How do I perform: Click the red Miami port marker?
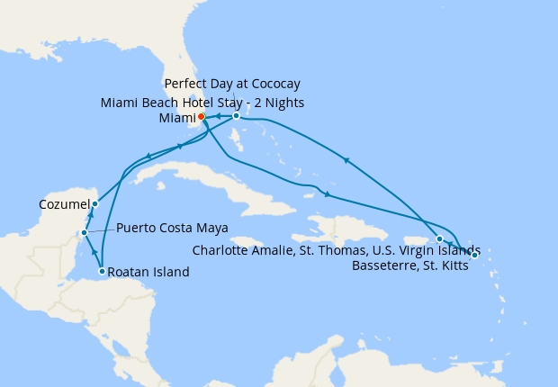202,116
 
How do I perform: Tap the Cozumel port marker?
94,204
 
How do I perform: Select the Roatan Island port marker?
102,271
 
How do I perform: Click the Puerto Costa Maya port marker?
84,232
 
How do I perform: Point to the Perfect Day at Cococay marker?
236,116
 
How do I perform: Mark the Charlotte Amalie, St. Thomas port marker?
439,239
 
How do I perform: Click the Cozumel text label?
63,205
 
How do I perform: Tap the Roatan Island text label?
151,272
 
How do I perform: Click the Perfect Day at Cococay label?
232,84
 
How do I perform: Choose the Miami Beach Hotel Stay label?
202,103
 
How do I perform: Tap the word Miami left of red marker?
176,118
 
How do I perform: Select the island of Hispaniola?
346,224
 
